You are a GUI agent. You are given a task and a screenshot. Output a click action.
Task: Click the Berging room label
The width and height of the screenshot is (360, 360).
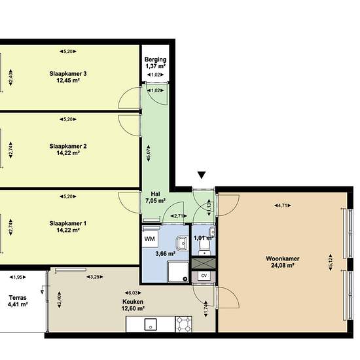coord(155,60)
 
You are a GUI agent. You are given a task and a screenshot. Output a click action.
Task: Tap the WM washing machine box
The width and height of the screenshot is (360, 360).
coord(150,239)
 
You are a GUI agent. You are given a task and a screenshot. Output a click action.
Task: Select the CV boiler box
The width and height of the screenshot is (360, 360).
coord(204,276)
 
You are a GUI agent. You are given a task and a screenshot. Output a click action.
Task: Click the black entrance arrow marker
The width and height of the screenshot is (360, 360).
coord(202,175)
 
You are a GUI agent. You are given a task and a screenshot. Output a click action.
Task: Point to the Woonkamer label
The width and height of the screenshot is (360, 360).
coord(283,259)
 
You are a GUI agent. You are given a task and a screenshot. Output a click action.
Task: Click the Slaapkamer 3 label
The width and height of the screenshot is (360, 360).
coord(68,74)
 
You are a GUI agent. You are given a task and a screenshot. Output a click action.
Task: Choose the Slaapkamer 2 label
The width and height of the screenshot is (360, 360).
coord(68,146)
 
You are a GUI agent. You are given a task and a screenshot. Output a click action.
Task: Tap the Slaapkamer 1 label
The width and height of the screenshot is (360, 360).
coord(68,223)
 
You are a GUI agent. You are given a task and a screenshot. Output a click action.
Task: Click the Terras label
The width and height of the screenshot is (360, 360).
coord(18,298)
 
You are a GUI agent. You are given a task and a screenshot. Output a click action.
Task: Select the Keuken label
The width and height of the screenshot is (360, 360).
coord(133,302)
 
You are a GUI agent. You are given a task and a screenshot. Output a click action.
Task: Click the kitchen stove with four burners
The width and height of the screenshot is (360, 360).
coord(183,324)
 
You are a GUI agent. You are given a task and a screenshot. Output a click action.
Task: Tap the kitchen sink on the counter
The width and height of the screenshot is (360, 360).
coord(151,325)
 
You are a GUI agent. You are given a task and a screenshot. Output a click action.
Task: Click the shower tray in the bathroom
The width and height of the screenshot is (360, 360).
coord(178,272)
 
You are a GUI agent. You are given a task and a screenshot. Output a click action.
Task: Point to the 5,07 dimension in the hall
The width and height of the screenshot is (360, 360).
coord(149,153)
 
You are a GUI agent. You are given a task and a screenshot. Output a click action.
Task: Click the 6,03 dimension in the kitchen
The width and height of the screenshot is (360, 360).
coord(133,293)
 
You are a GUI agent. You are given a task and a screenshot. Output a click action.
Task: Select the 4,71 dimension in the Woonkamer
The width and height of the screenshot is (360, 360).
coord(283,206)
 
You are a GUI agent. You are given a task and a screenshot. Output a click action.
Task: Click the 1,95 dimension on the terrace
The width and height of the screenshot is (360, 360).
coord(18,277)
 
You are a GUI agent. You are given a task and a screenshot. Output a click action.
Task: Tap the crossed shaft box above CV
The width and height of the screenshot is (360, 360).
coord(204,263)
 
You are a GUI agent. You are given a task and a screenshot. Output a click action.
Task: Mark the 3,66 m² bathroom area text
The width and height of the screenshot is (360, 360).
coord(166,254)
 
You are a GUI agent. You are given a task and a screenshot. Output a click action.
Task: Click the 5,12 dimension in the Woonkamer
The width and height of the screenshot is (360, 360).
coord(331,262)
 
